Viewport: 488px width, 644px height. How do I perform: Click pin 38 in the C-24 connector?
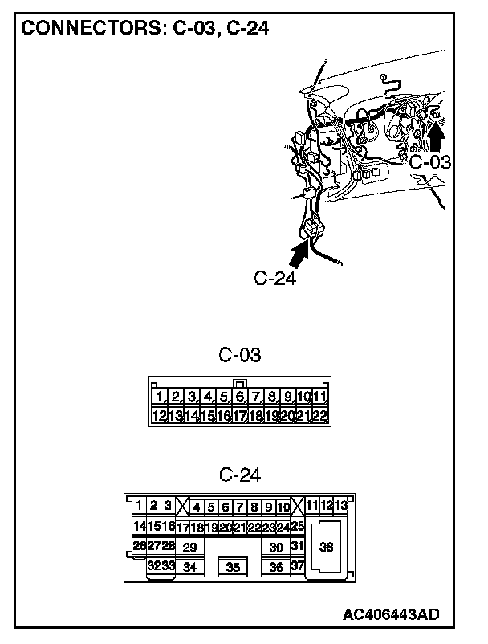tap(326, 548)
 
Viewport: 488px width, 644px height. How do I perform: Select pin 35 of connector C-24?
tap(234, 567)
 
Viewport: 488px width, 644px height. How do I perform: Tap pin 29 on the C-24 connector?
tap(189, 547)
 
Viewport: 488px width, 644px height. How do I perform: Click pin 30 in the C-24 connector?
tap(276, 547)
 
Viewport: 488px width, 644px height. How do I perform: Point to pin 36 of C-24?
tap(276, 567)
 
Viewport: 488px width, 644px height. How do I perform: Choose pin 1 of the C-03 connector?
tap(161, 397)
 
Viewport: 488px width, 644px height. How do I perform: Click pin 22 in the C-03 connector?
tap(320, 416)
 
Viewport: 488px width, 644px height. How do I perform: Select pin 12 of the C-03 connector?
tap(160, 416)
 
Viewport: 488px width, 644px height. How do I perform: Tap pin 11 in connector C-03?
tap(320, 397)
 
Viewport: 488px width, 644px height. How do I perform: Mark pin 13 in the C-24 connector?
tap(341, 506)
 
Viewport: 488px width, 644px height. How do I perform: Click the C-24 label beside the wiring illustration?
tap(275, 278)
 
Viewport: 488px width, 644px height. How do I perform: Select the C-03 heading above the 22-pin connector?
tap(240, 354)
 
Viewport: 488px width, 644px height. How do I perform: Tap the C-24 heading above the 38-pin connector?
tap(240, 475)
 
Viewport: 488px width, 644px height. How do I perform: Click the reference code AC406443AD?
tap(391, 614)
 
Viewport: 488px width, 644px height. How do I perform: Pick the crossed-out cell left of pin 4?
tap(182, 506)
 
